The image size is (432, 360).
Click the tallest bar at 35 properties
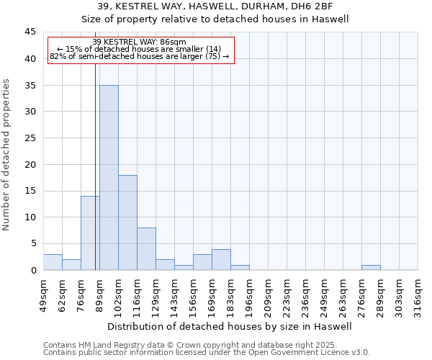109,177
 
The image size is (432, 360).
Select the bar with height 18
127,222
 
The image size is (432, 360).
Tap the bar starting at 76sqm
90,233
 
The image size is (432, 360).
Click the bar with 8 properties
146,248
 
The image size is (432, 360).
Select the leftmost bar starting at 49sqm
53,262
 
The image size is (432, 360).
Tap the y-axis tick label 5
33,244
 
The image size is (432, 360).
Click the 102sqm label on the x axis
118,294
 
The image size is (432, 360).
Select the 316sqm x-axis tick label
418,294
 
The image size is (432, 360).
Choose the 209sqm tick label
268,294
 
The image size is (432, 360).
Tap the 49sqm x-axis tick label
43,294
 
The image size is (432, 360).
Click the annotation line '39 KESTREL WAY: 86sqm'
140,42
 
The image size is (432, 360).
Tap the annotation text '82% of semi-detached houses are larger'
140,56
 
